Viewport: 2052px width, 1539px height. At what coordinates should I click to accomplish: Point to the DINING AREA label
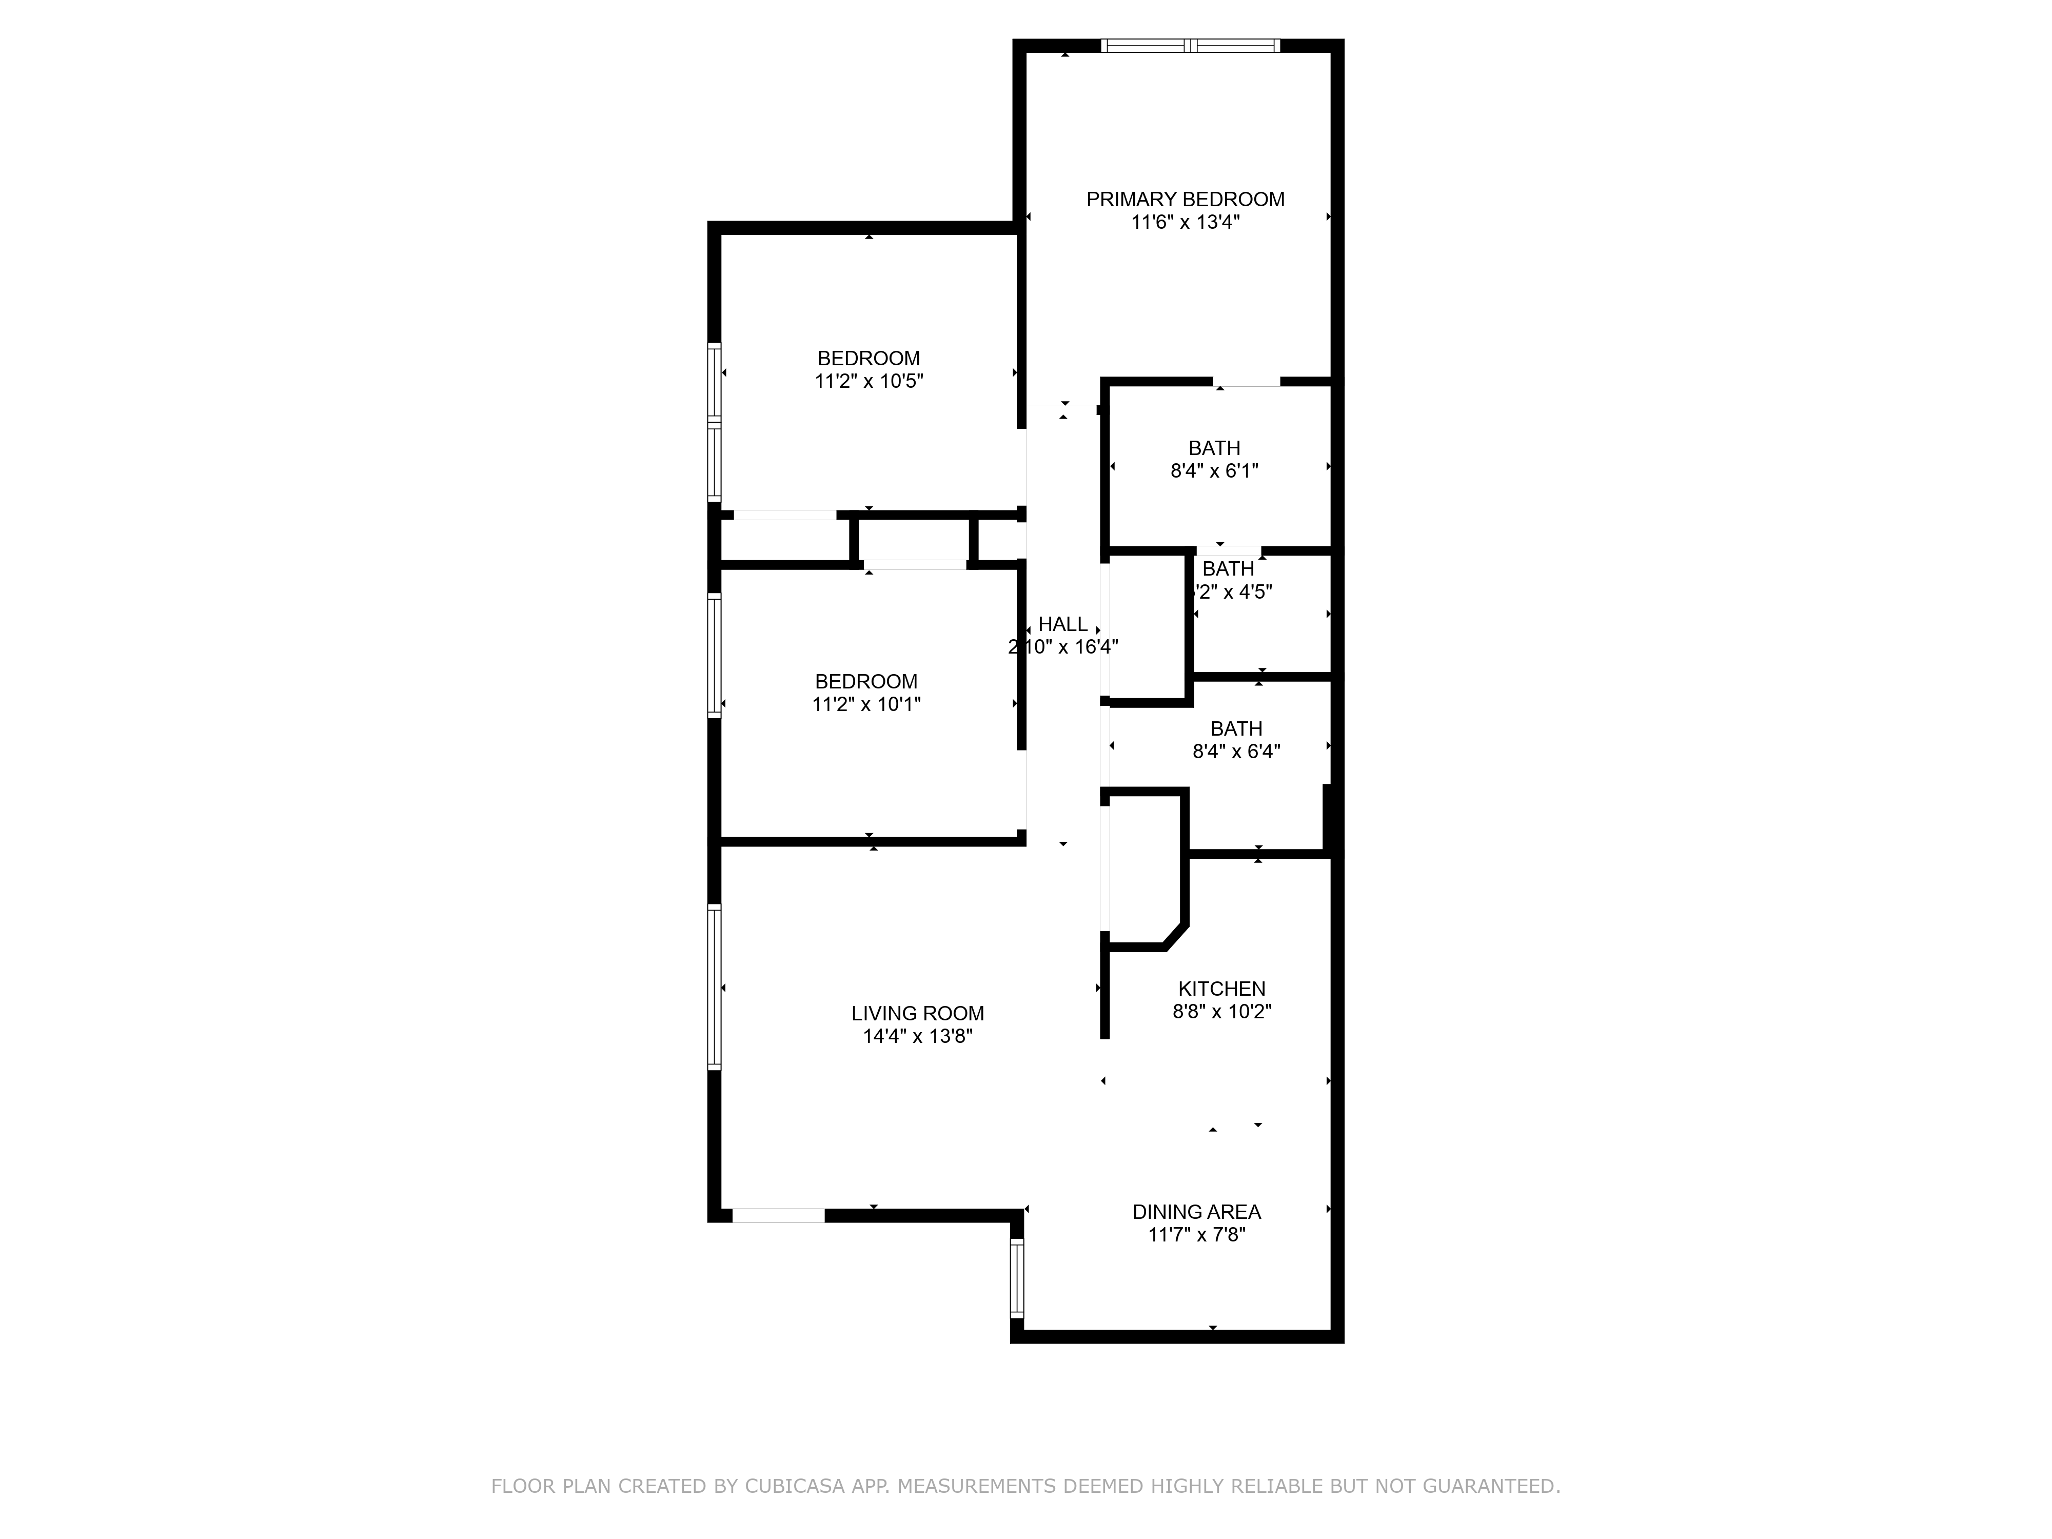click(1196, 1212)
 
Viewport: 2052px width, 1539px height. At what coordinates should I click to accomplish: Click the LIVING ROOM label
click(917, 1014)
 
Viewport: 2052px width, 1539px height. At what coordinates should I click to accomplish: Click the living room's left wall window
click(714, 987)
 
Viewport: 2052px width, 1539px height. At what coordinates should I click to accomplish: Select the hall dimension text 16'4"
click(1095, 646)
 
